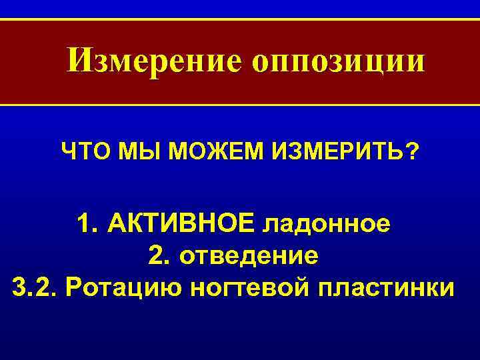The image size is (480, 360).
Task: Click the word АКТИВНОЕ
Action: coord(181,223)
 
